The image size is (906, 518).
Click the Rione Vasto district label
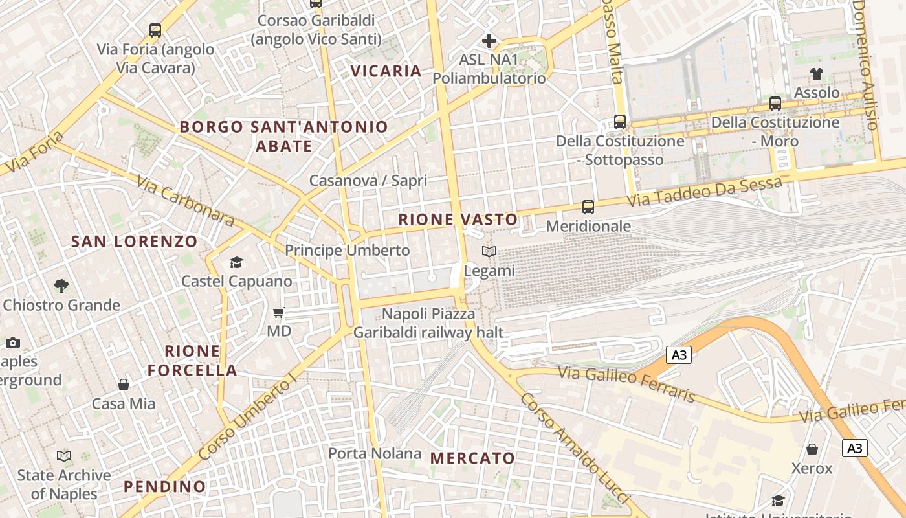tap(458, 220)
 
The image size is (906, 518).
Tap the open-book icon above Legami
tap(489, 252)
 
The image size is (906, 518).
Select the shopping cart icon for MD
tap(279, 313)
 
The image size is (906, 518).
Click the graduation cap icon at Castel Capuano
tap(236, 262)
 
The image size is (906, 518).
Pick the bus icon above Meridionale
tap(588, 207)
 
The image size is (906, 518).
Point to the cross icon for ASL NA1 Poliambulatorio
tap(489, 41)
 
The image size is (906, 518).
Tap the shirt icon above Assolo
tap(817, 74)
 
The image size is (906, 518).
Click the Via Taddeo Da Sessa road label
tap(705, 192)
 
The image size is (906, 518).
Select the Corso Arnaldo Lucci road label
tap(574, 447)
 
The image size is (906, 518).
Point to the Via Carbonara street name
tap(185, 200)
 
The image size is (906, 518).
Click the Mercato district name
tap(472, 458)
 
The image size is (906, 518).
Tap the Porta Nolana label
tap(375, 453)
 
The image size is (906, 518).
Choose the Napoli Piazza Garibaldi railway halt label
tap(428, 323)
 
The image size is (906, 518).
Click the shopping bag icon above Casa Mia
tap(124, 385)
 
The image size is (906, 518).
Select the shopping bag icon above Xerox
tap(812, 449)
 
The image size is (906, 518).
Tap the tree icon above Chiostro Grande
tap(61, 286)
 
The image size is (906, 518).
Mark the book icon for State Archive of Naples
tap(63, 456)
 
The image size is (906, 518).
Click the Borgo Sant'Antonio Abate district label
tap(283, 136)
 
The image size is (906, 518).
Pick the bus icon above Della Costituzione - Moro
tap(775, 103)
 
